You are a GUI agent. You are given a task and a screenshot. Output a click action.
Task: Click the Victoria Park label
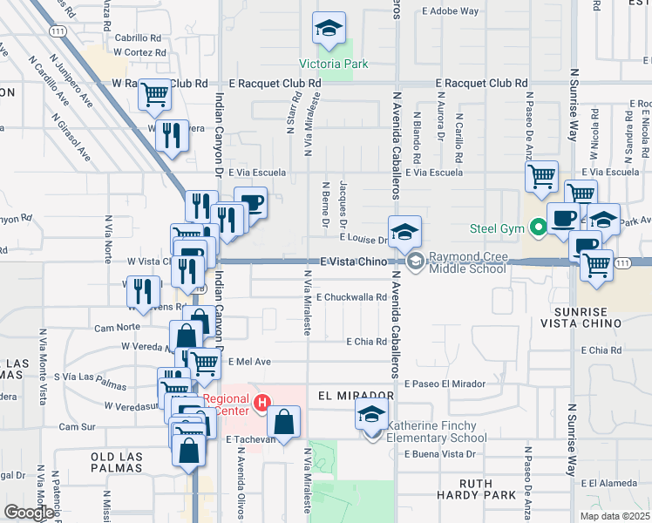[x=333, y=64]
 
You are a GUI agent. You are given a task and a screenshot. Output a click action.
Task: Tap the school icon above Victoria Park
[x=329, y=31]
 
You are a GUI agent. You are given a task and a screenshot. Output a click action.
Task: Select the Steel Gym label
[x=498, y=229]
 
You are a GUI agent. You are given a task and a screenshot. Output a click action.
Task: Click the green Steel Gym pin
[x=539, y=229]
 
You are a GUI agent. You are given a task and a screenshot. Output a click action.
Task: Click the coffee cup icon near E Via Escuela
[x=251, y=203]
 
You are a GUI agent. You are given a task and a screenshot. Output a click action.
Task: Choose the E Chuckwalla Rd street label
[x=351, y=297]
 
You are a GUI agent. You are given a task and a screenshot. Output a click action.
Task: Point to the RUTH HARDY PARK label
[x=488, y=489]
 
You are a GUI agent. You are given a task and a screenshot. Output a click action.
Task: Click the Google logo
[x=29, y=513]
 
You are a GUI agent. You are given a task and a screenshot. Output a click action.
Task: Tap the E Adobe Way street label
[x=450, y=11]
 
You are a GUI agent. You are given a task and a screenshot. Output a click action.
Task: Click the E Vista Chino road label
[x=352, y=261]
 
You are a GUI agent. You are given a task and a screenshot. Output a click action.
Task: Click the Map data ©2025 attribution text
[x=614, y=516]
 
